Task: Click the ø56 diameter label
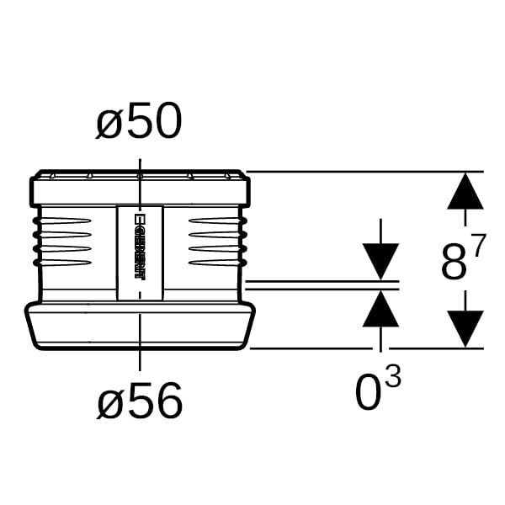tap(140, 401)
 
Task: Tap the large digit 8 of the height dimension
tap(454, 262)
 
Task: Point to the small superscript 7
tap(476, 244)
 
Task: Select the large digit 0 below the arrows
tap(368, 392)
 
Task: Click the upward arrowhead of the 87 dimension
tap(465, 191)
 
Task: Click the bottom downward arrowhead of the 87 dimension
tap(465, 329)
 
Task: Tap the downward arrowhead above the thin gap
tap(381, 262)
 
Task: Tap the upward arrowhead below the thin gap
tap(381, 309)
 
